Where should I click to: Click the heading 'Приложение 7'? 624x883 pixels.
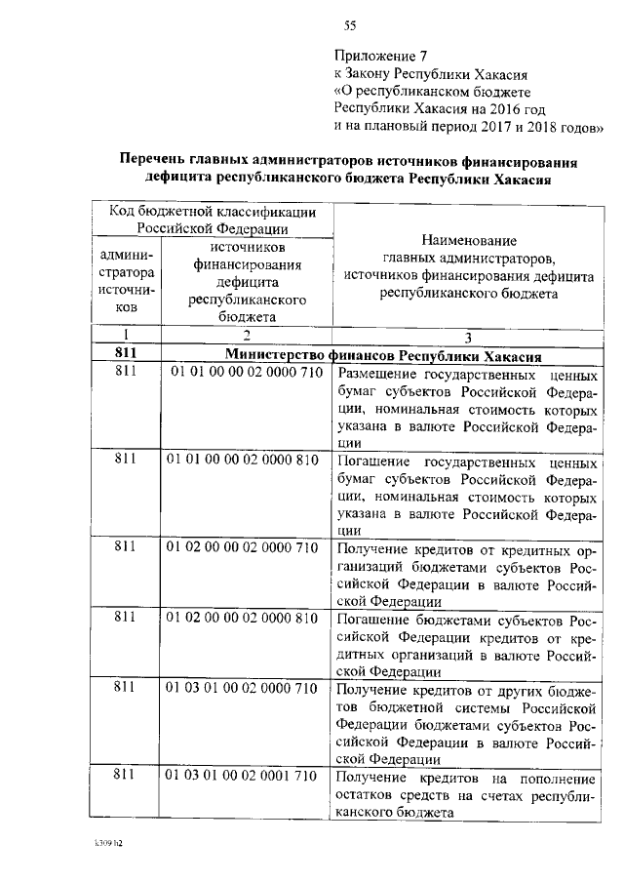pos(381,56)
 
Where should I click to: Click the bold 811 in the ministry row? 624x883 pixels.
pos(124,355)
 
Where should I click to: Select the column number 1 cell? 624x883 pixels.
pos(124,336)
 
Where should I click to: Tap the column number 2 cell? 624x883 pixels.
pos(247,336)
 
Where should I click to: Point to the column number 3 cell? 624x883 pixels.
pos(468,337)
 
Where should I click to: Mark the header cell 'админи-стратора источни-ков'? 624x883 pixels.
pos(124,281)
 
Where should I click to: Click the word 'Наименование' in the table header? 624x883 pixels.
pos(468,240)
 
